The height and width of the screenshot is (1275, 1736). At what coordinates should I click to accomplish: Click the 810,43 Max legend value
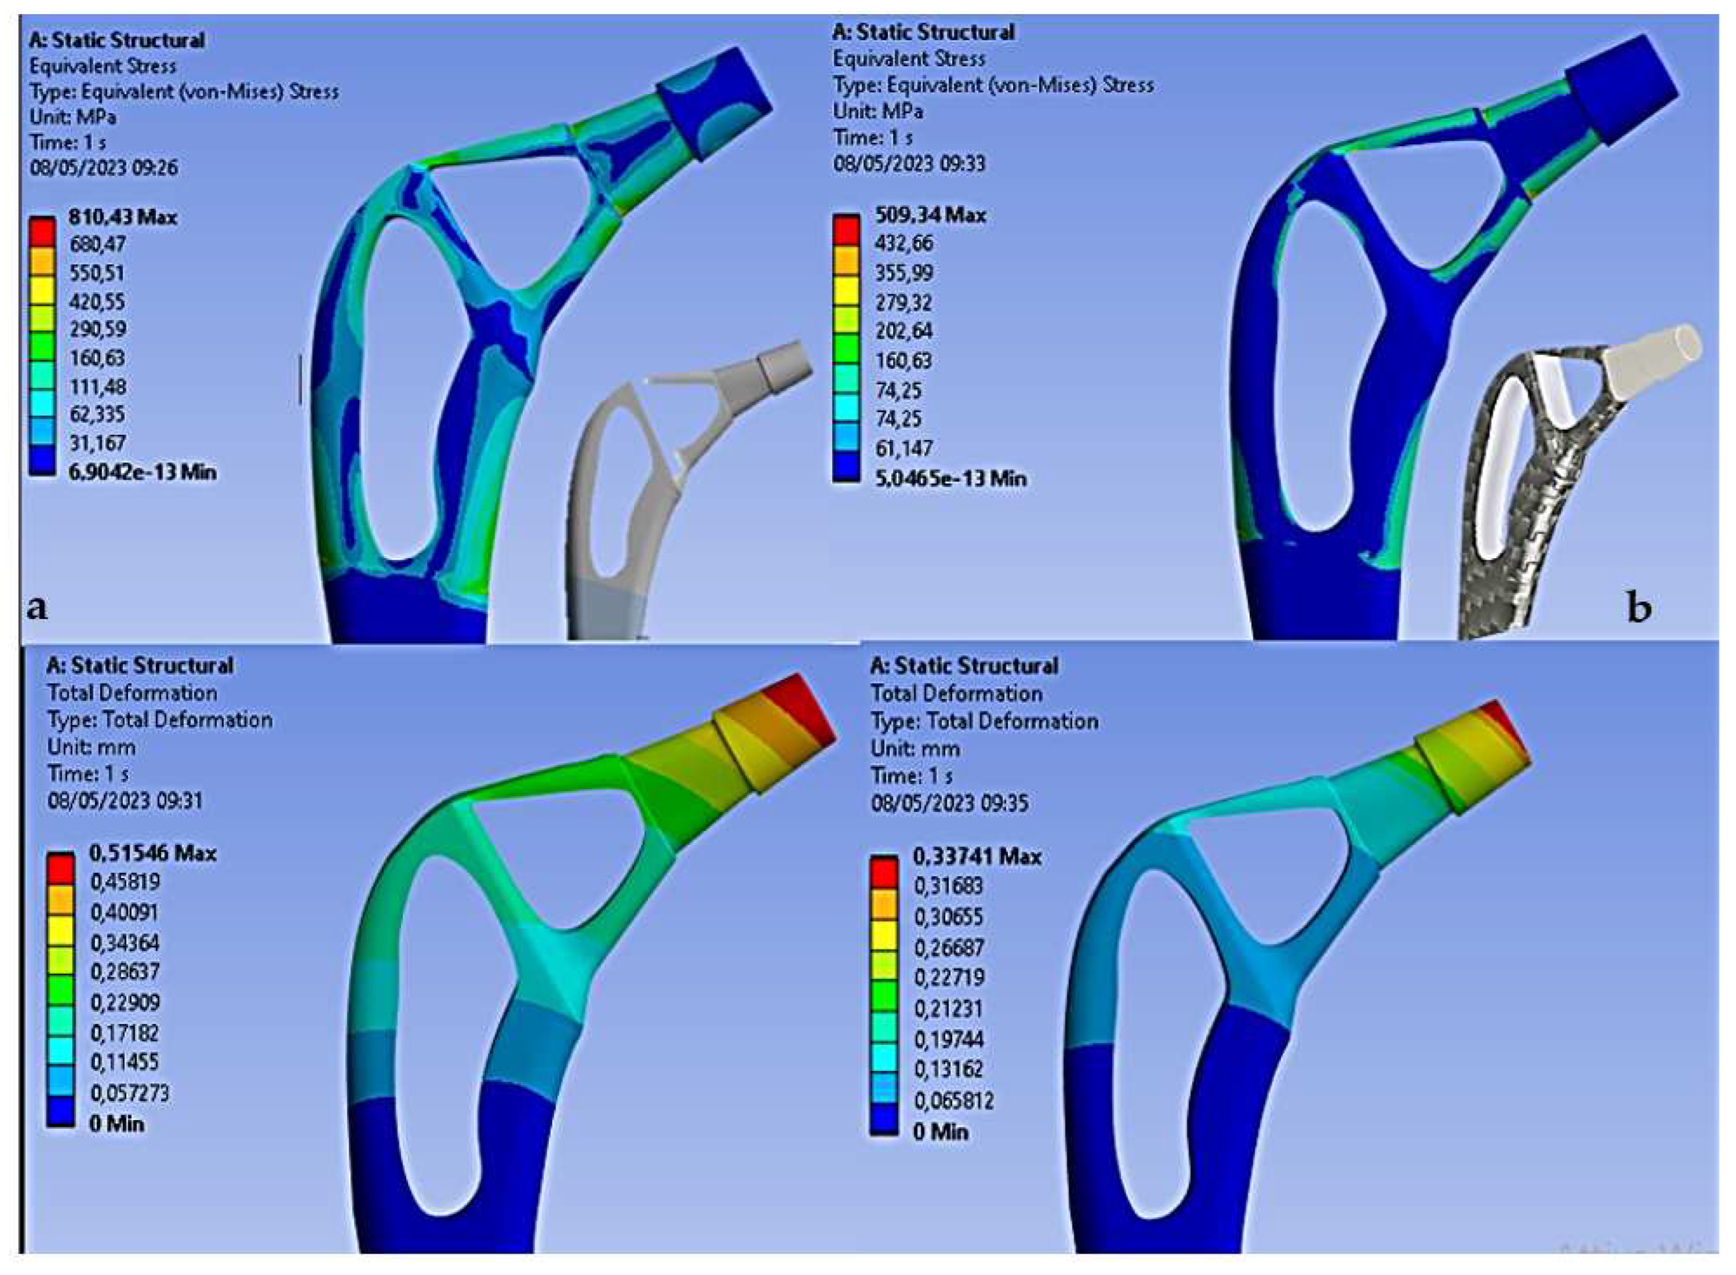pos(123,217)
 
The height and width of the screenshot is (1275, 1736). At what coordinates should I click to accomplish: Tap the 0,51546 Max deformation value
pos(153,853)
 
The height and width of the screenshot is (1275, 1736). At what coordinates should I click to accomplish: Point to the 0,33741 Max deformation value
pos(976,856)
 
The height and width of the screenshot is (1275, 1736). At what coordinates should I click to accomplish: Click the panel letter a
pos(36,608)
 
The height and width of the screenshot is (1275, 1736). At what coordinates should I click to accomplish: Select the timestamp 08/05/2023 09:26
pos(104,168)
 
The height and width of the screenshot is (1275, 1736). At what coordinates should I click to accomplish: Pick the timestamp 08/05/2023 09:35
pos(950,803)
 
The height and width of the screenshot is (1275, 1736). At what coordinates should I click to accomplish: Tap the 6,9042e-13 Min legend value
pos(142,472)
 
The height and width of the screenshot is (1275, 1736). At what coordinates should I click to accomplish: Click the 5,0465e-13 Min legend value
pos(950,478)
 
